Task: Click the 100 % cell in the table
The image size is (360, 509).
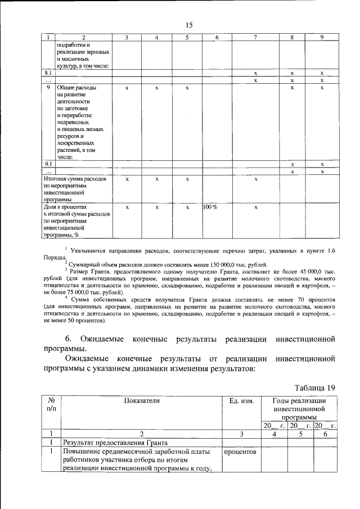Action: (x=210, y=208)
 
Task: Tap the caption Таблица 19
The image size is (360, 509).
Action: (x=315, y=388)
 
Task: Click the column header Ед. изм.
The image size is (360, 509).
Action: (x=241, y=400)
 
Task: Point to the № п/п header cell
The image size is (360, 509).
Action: (x=51, y=404)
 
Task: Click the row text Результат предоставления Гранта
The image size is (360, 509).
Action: (x=111, y=443)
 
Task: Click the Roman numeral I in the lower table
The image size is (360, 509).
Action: (x=51, y=443)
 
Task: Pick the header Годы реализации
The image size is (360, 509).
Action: (x=298, y=400)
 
